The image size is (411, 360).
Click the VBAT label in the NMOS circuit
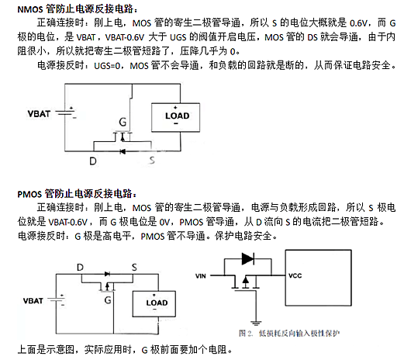(40, 113)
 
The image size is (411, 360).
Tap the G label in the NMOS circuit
(123, 122)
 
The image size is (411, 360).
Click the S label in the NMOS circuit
(151, 161)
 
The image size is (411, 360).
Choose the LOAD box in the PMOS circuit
(156, 303)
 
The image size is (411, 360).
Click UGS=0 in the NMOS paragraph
(109, 67)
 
